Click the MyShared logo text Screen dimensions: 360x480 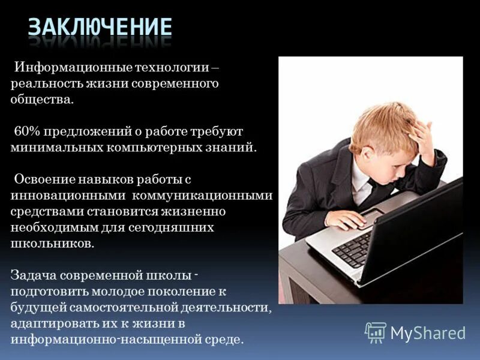point(428,333)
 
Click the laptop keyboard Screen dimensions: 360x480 point(353,248)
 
